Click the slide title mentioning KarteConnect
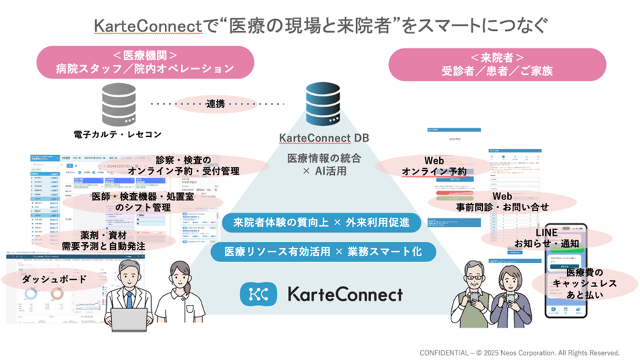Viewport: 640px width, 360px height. tap(319, 26)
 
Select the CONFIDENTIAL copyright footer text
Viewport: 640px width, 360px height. tap(519, 353)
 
